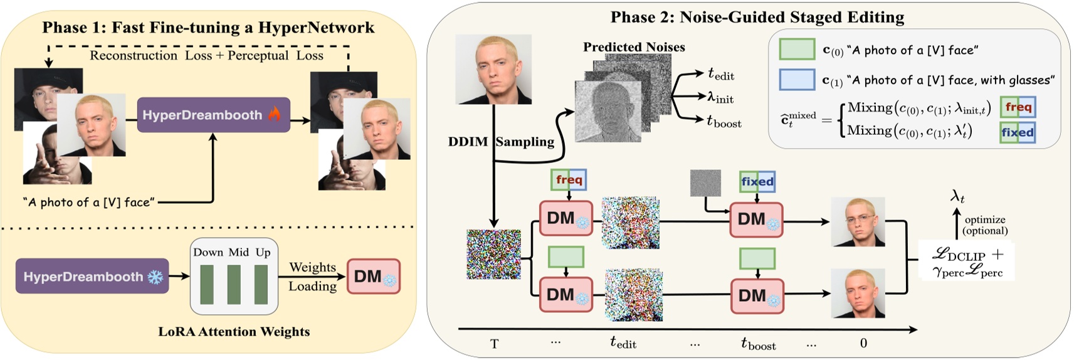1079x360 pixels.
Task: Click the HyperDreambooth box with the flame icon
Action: [x=213, y=115]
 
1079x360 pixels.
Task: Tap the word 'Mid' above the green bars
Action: [x=238, y=252]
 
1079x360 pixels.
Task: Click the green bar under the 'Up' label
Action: [x=261, y=284]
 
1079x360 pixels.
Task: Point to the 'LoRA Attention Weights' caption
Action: [x=234, y=332]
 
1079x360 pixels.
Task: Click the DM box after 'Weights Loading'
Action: [x=373, y=277]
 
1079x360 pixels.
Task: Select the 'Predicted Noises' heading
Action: [x=633, y=47]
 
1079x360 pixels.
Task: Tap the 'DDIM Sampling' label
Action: [x=500, y=142]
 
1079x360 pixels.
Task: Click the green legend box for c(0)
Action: [x=796, y=50]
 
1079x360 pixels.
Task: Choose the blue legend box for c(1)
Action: [x=796, y=80]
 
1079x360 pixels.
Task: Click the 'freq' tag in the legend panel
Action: [x=1018, y=107]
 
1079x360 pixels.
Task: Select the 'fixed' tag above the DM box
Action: [x=757, y=182]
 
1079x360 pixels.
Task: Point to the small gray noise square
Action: [x=705, y=183]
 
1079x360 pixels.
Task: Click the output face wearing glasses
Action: [x=858, y=222]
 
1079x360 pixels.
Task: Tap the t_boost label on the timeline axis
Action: [x=758, y=344]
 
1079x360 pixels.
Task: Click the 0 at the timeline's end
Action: [x=863, y=343]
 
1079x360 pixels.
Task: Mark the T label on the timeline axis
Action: [x=494, y=344]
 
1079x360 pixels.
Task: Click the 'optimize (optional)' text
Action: [x=985, y=225]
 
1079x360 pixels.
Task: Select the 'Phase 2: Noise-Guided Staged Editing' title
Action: [x=757, y=17]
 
